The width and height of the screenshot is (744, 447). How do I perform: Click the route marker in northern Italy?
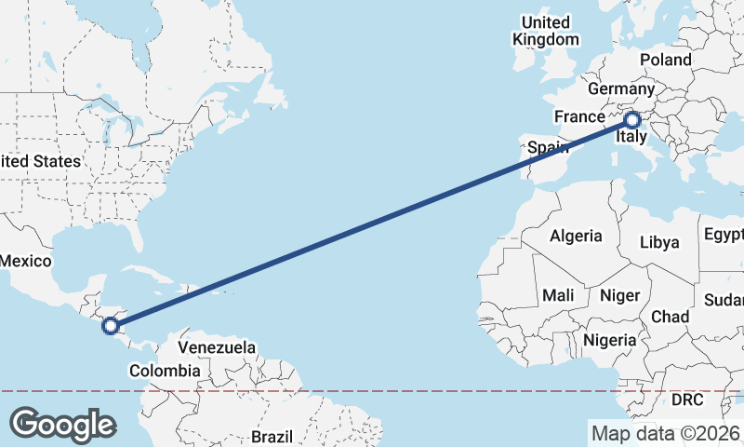tap(631, 120)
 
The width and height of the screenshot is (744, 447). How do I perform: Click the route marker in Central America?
tap(111, 325)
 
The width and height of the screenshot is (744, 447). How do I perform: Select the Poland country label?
tap(665, 60)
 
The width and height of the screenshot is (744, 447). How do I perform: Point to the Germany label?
tap(622, 89)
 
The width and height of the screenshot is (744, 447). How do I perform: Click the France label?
tap(579, 116)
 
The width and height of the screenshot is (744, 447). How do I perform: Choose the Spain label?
tap(548, 147)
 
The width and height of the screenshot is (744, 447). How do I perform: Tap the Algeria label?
tap(576, 236)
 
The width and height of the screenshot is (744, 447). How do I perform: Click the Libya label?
tap(659, 242)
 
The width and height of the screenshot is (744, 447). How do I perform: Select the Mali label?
tap(558, 295)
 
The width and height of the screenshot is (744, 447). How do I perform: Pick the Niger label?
tap(620, 295)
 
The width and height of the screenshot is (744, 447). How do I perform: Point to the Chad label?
tap(670, 317)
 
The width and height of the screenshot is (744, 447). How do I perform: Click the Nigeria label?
tap(609, 340)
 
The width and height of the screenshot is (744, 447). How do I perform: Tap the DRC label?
tap(687, 400)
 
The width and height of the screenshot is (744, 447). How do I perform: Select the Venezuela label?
tap(216, 347)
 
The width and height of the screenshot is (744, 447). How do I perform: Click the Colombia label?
tap(165, 371)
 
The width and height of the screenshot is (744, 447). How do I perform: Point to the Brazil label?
tap(272, 436)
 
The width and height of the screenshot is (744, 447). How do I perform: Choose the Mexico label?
tap(25, 261)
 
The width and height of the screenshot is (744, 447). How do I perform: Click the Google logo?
tap(62, 424)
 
